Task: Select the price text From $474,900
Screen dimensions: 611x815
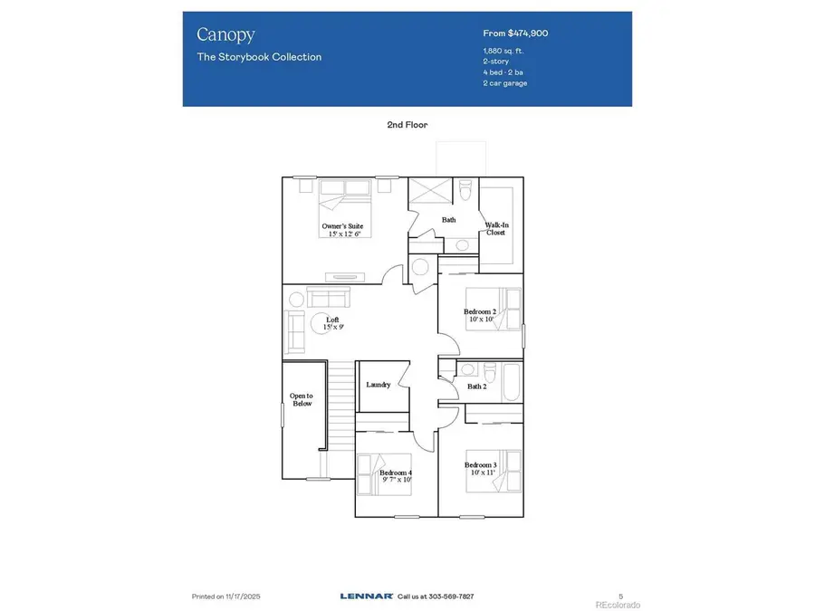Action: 515,33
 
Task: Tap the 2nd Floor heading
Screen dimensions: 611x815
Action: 407,125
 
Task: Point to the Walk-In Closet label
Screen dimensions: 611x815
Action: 495,229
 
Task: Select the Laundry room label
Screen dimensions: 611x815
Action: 379,385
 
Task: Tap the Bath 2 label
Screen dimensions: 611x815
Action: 477,387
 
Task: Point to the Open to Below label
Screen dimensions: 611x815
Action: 302,399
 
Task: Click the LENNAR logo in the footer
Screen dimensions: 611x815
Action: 366,596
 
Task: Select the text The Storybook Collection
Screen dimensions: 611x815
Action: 259,57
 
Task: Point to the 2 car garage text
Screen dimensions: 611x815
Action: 505,83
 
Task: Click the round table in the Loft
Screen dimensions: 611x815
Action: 321,322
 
